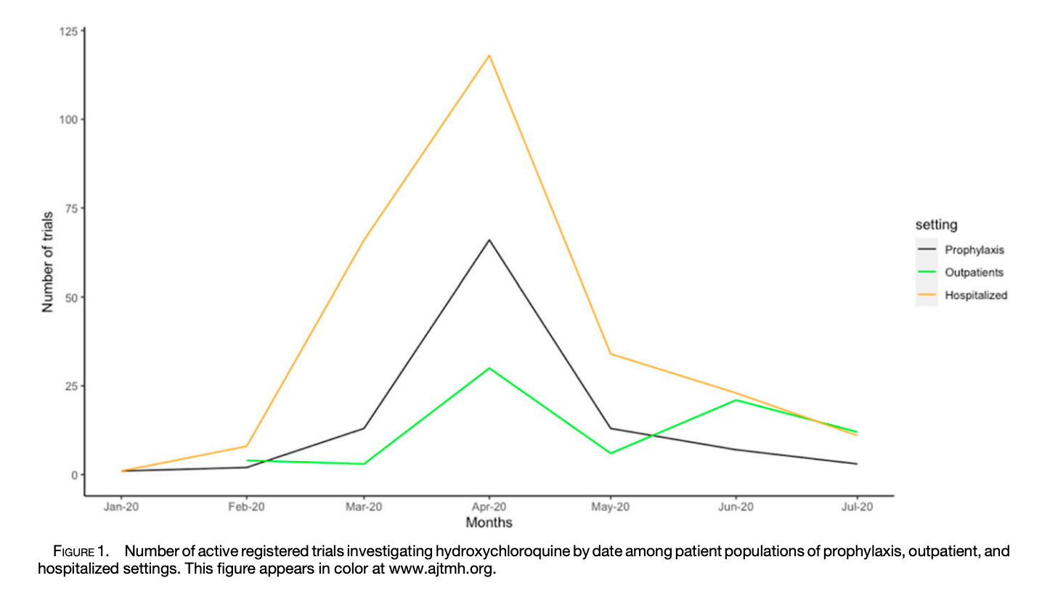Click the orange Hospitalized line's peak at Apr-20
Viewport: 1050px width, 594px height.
(x=489, y=55)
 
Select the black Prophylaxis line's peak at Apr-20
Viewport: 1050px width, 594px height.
(x=489, y=240)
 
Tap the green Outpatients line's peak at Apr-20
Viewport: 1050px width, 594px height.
(x=489, y=368)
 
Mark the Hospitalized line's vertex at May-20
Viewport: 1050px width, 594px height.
(x=611, y=354)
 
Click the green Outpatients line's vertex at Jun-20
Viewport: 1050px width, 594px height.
(x=736, y=400)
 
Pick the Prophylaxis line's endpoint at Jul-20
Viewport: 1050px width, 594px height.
(x=857, y=463)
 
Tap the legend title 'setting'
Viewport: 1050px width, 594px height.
(x=936, y=226)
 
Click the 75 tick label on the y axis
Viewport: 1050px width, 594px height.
(x=72, y=208)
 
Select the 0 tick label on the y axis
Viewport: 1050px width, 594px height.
(x=75, y=475)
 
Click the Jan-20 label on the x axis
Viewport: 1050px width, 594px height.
(x=122, y=508)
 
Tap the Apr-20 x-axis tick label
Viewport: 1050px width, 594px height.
(x=489, y=508)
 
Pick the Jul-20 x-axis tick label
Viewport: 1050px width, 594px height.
(x=857, y=508)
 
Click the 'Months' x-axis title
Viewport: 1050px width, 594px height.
(x=489, y=523)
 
